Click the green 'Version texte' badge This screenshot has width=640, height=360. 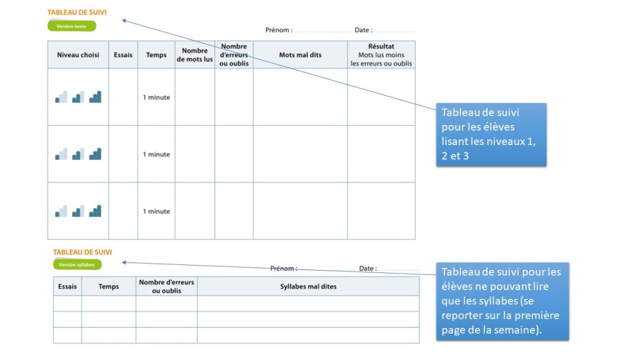pos(72,26)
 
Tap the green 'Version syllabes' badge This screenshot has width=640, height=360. pos(77,264)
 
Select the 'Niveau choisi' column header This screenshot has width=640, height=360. pos(78,55)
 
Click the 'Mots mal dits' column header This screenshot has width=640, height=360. pos(300,55)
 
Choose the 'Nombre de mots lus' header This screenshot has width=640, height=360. pos(195,55)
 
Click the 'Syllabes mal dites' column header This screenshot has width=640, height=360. pos(308,286)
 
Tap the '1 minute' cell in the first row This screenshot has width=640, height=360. pos(156,97)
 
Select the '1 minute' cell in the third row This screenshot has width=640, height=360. pos(156,211)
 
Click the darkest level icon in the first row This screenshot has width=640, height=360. pos(95,97)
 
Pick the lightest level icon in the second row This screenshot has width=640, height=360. pos(61,154)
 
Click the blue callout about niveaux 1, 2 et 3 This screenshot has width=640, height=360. pos(491,134)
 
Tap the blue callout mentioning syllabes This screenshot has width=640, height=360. pos(504,301)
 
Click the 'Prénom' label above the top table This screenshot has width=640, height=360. pos(279,30)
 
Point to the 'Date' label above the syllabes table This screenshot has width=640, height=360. pos(367,269)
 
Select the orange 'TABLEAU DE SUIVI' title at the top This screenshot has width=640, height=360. pos(77,12)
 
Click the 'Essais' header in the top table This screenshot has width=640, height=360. pos(123,55)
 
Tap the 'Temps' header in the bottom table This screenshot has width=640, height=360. pos(109,286)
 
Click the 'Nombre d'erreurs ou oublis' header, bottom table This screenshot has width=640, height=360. pos(166,286)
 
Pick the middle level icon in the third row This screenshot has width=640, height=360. pos(78,211)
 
